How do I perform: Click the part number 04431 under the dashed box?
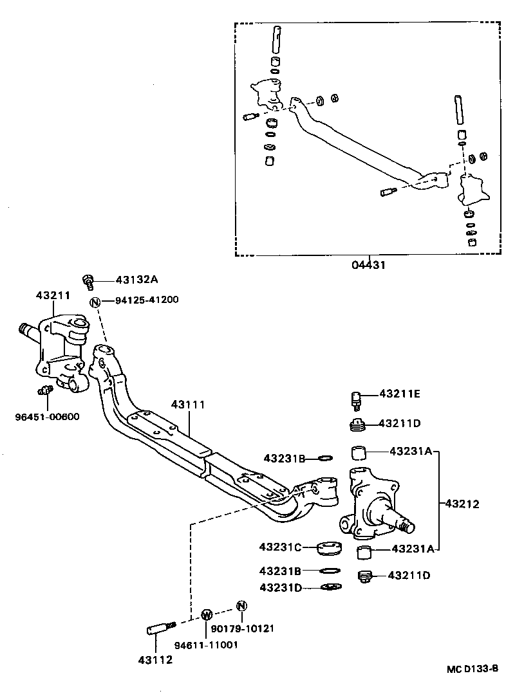[x=368, y=264]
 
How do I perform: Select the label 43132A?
[x=136, y=280]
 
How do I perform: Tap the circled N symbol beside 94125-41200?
[x=95, y=301]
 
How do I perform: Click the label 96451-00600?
[x=47, y=416]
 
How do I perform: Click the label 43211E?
[x=399, y=394]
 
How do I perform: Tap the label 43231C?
[x=281, y=547]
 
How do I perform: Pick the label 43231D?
[x=281, y=587]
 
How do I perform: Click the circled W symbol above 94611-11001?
[x=207, y=614]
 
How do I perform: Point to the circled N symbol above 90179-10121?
[x=241, y=605]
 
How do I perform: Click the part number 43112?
[x=155, y=659]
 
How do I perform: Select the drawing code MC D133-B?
[x=473, y=668]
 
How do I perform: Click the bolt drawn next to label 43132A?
[x=89, y=280]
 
